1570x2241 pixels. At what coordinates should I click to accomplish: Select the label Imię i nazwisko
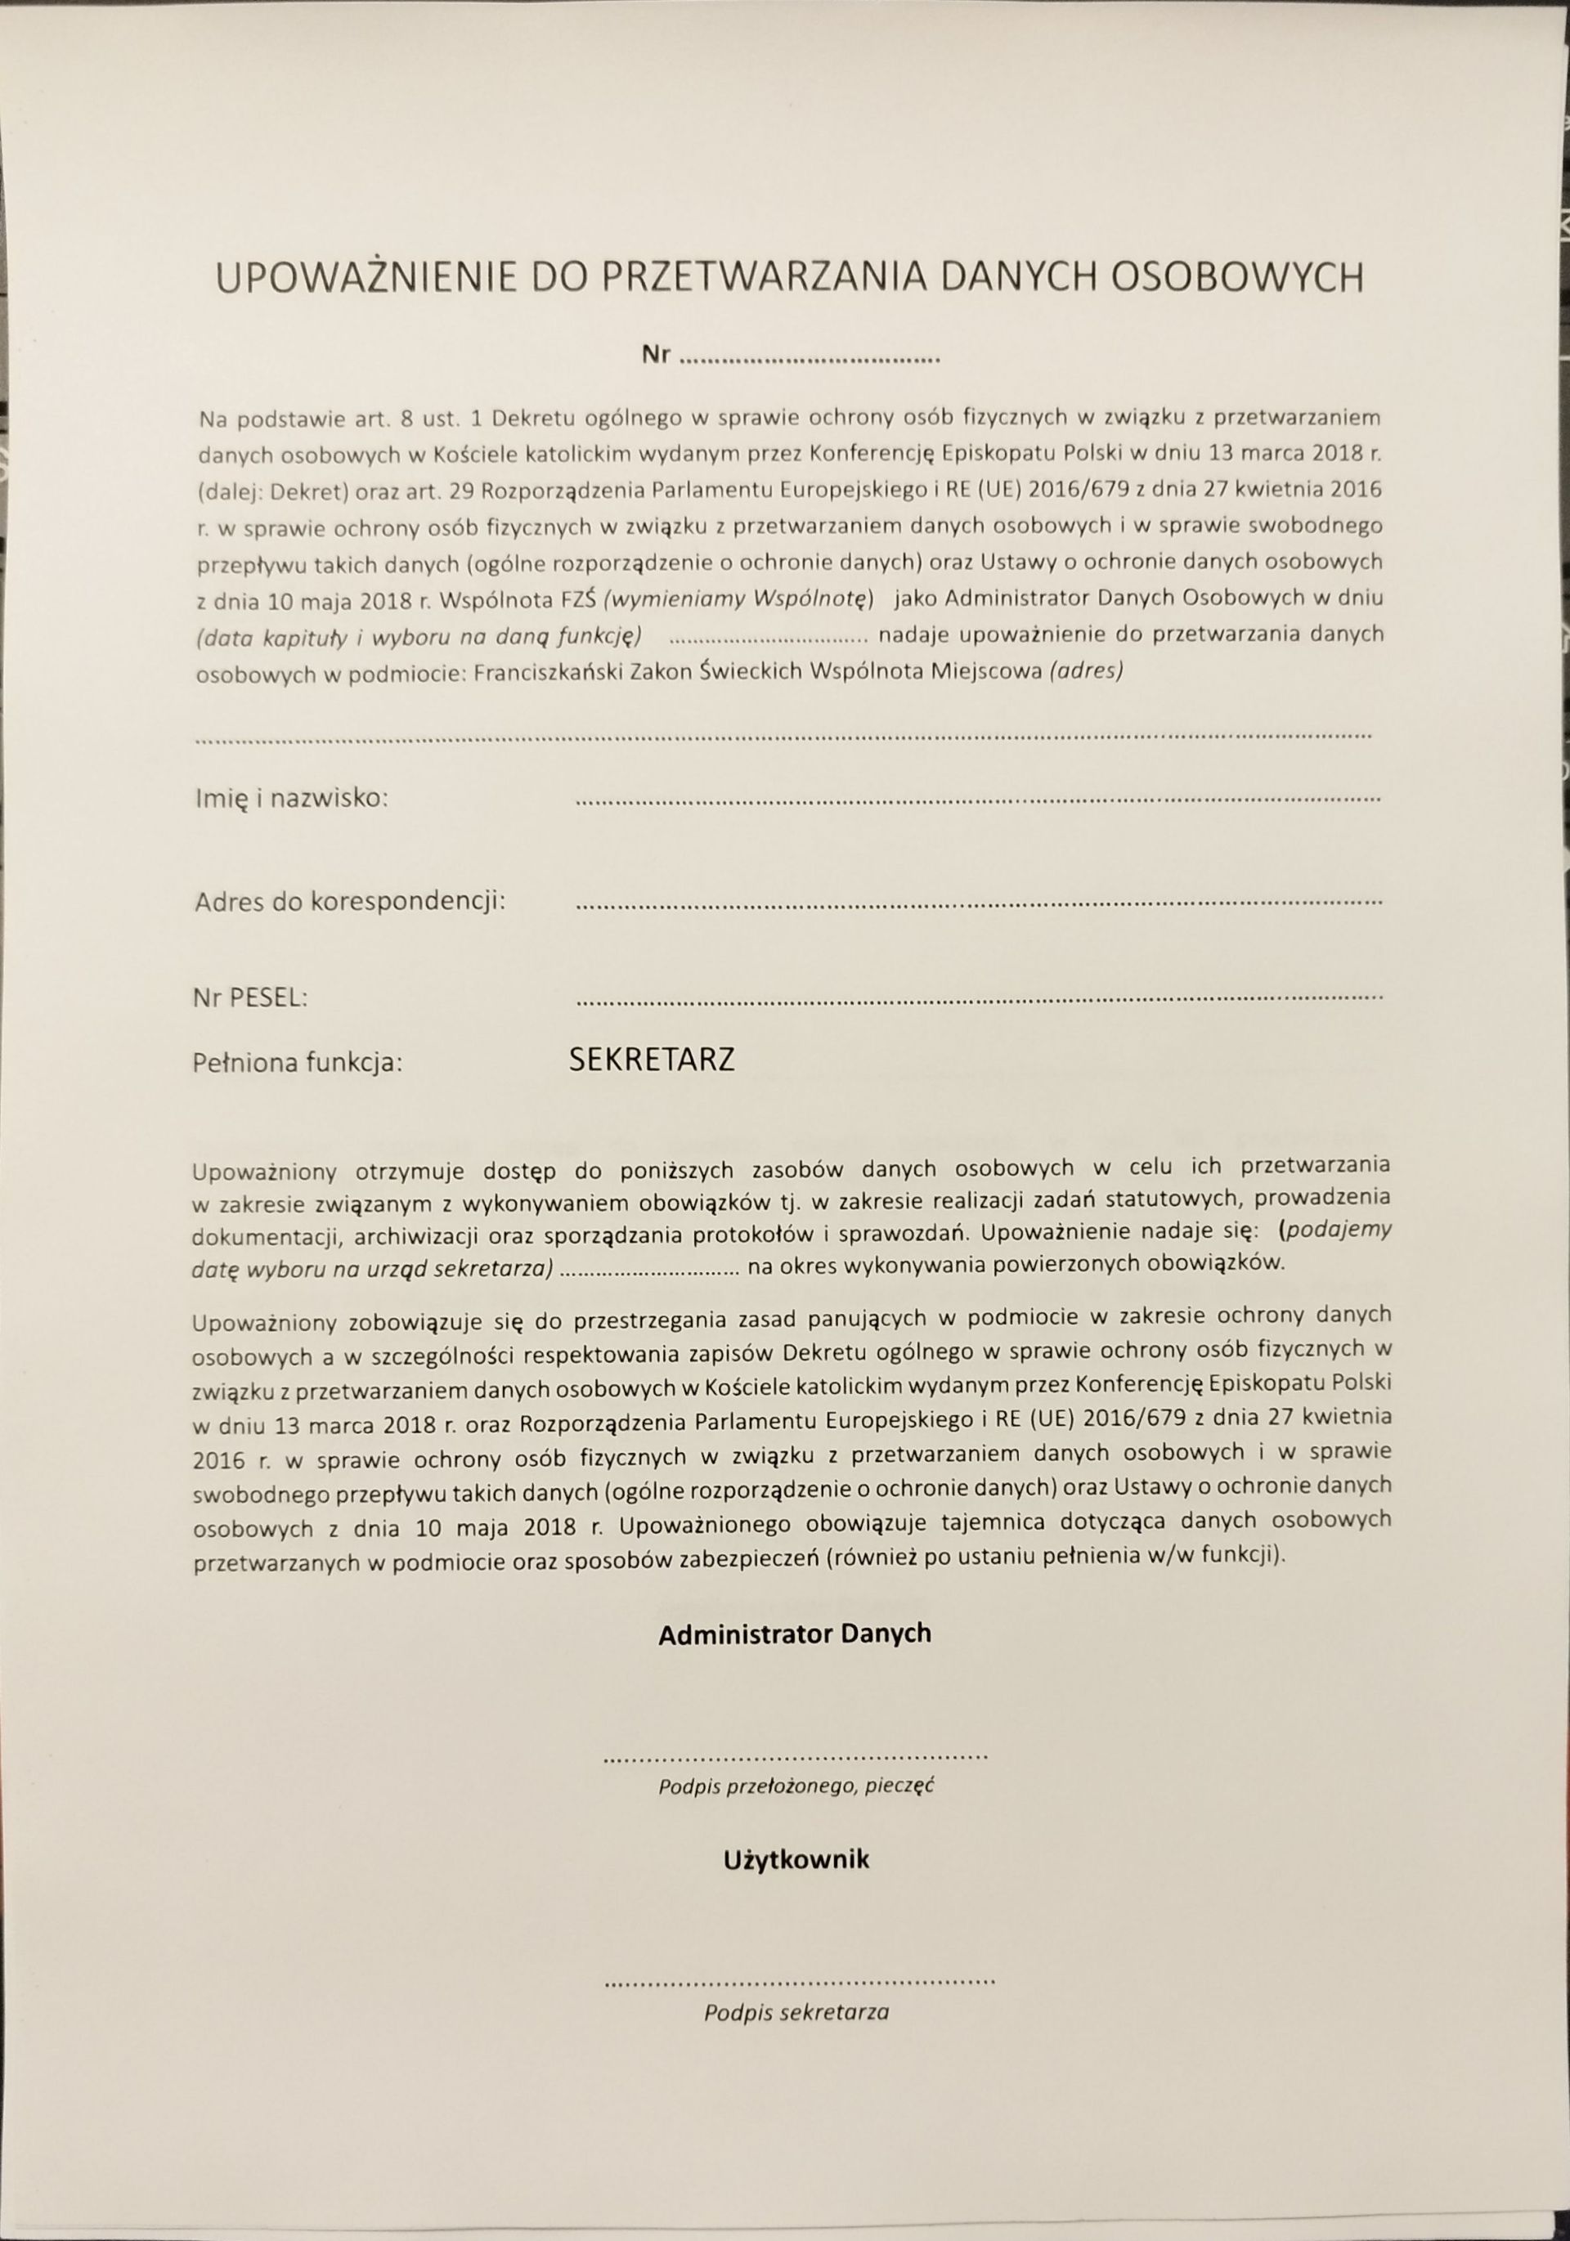pyautogui.click(x=292, y=799)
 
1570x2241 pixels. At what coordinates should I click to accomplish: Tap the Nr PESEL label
pyautogui.click(x=252, y=997)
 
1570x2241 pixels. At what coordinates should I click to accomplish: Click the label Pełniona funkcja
pyautogui.click(x=298, y=1062)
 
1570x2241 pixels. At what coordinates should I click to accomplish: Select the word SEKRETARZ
pyautogui.click(x=651, y=1060)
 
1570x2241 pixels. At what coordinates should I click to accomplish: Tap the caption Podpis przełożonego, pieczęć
pyautogui.click(x=796, y=1787)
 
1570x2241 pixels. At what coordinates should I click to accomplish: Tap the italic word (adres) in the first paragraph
pyautogui.click(x=1085, y=671)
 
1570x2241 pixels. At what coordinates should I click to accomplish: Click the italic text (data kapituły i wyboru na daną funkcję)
pyautogui.click(x=418, y=636)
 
